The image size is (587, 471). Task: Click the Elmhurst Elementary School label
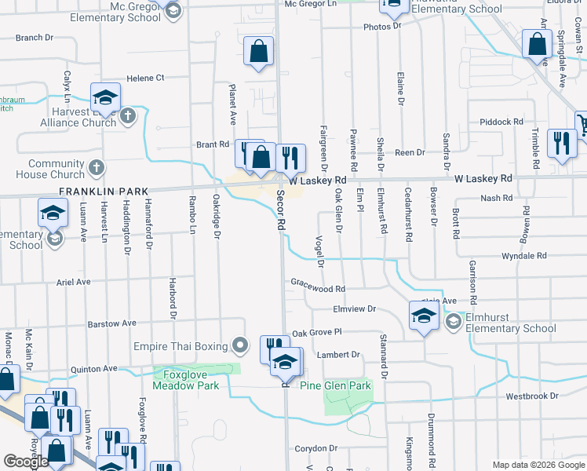(512, 323)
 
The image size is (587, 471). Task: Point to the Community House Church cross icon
(96, 167)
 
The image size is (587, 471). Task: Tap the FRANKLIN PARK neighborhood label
(93, 191)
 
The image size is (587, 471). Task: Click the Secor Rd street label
(281, 213)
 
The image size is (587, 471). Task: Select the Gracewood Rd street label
(318, 289)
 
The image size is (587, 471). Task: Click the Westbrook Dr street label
(532, 396)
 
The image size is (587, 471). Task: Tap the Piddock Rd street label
(501, 122)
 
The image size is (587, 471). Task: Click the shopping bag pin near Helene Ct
(258, 53)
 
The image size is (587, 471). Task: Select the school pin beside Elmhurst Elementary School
(423, 316)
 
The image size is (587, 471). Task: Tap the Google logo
(26, 462)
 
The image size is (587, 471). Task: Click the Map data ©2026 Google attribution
(538, 465)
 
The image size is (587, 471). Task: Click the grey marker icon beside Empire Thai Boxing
(242, 345)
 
